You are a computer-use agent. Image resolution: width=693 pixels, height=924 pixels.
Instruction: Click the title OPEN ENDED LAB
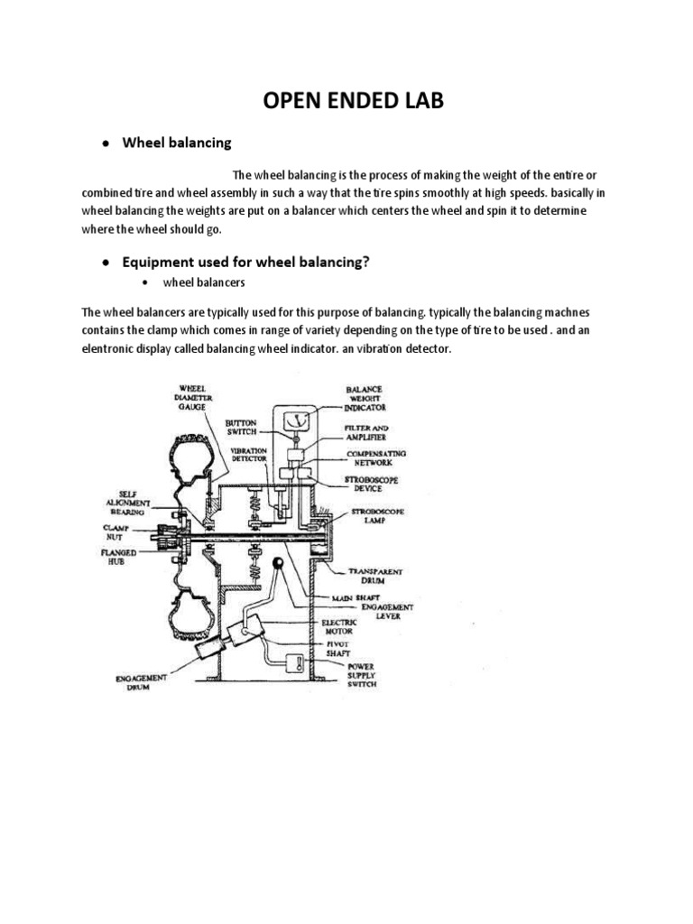coord(354,100)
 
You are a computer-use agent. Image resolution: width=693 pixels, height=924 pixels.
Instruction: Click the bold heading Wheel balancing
coord(177,143)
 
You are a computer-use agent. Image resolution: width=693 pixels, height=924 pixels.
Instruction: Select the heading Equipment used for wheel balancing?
coord(247,262)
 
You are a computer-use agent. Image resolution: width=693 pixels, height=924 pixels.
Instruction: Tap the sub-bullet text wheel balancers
coord(204,282)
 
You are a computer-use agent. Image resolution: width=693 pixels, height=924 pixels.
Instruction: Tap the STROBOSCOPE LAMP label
coord(377,516)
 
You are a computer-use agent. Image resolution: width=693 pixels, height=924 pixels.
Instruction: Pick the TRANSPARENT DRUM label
coord(375,577)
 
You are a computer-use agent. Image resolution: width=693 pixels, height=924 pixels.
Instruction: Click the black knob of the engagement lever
coord(279,566)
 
